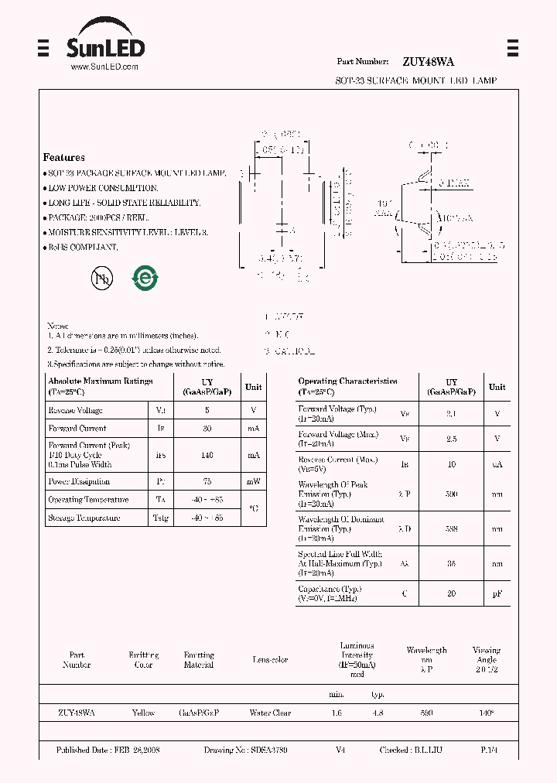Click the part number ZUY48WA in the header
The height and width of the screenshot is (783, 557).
[428, 61]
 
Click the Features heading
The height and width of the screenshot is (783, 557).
[64, 157]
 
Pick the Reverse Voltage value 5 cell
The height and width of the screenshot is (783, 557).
[207, 410]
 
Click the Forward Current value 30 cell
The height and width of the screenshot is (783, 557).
[207, 428]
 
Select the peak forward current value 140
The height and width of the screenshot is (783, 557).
[207, 455]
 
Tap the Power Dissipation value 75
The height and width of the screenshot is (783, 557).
[207, 481]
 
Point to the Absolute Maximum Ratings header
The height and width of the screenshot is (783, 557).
[101, 385]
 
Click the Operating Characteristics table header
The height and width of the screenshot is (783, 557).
[348, 385]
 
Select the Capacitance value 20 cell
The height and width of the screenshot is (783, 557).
[452, 593]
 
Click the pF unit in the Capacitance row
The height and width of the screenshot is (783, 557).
[497, 593]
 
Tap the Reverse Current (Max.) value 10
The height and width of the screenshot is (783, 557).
[452, 464]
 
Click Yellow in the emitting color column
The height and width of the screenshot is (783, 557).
[143, 713]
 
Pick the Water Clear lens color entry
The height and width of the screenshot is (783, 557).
[270, 713]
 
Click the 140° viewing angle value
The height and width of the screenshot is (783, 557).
[487, 713]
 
